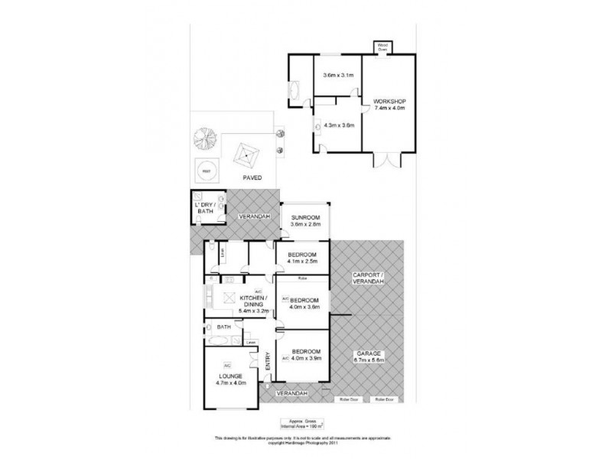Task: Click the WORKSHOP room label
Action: pyautogui.click(x=389, y=103)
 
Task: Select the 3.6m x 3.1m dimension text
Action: pyautogui.click(x=337, y=75)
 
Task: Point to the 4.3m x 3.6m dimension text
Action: pyautogui.click(x=339, y=125)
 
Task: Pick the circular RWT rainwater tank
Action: pyautogui.click(x=206, y=170)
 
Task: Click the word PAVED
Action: pyautogui.click(x=252, y=177)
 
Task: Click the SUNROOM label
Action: pyautogui.click(x=306, y=219)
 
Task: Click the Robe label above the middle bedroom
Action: pyautogui.click(x=303, y=279)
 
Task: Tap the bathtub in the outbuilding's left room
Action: pyautogui.click(x=295, y=90)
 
